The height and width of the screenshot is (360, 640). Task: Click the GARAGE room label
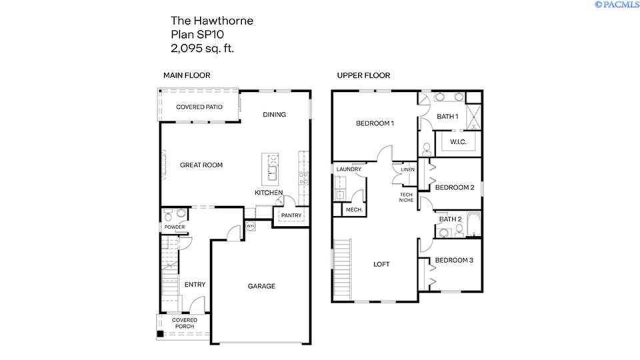point(261,286)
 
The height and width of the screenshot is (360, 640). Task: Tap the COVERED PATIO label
point(199,107)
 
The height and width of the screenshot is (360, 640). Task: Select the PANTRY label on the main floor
point(291,215)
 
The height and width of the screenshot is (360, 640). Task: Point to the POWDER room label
point(175,227)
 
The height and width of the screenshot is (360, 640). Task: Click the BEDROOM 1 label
point(375,123)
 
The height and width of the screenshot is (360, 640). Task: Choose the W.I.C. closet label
point(458,142)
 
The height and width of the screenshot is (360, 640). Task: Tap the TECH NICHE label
point(407,197)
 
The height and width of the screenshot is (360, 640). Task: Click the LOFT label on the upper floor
point(381,264)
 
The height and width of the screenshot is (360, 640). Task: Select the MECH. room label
point(353,210)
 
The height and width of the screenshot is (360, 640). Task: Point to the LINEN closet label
point(408,170)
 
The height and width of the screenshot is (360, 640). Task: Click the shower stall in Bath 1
point(473,117)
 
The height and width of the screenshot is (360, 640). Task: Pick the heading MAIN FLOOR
point(187,75)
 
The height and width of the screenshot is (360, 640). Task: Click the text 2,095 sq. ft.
point(203,48)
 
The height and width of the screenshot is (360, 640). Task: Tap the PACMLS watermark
point(616,5)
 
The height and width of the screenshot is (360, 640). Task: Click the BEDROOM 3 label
point(454,260)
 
